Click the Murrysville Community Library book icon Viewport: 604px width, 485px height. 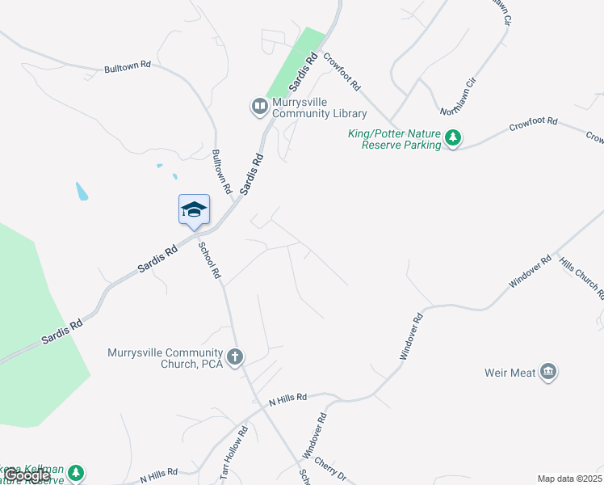coord(259,106)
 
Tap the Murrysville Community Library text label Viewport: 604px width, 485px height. coord(319,108)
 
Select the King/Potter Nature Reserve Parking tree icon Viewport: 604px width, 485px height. coord(454,139)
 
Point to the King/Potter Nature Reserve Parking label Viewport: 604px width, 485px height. coord(394,139)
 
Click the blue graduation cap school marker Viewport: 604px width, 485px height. coord(194,210)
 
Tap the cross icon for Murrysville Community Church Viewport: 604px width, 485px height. coord(235,357)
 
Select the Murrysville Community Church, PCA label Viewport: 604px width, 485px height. coord(166,358)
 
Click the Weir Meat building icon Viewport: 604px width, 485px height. coord(548,372)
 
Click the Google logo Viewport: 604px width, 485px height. coord(27,475)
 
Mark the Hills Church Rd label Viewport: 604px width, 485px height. coord(580,279)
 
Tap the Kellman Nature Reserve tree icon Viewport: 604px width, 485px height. coord(76,472)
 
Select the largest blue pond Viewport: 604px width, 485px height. coord(82,192)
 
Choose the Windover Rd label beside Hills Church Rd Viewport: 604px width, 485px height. coord(529,272)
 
